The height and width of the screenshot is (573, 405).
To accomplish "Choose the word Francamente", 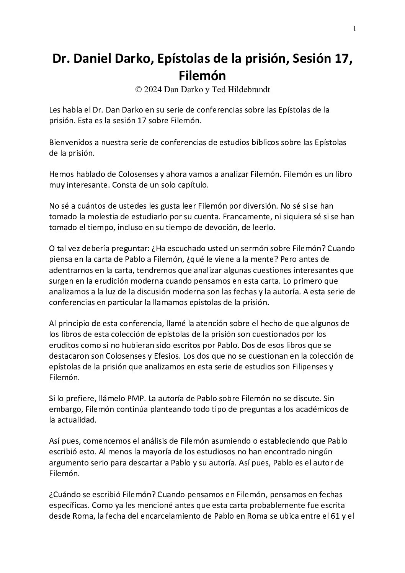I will [241, 217].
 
